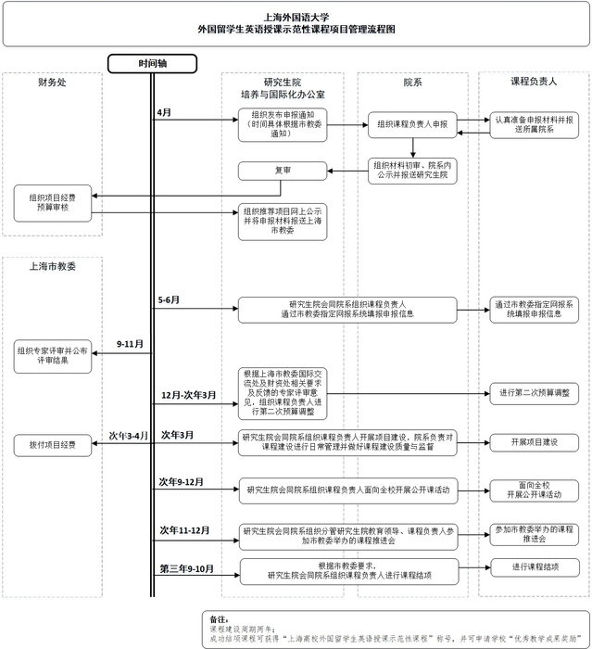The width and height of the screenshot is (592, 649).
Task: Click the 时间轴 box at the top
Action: [x=153, y=63]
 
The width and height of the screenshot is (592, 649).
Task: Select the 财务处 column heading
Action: [x=52, y=83]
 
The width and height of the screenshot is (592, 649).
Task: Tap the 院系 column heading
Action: [x=412, y=83]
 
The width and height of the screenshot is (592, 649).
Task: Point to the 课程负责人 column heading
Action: [x=534, y=83]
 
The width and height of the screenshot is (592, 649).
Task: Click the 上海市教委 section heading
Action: [x=52, y=266]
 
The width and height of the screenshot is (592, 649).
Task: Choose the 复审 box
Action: [x=283, y=171]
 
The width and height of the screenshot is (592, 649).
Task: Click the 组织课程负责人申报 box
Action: [x=412, y=122]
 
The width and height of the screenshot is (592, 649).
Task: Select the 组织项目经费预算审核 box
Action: [x=52, y=202]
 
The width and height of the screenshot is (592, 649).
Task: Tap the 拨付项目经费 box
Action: [x=52, y=444]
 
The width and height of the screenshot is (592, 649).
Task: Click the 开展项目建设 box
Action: [x=534, y=442]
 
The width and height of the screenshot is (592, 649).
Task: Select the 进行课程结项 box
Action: [x=534, y=566]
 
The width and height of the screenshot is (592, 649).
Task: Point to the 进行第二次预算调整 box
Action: [x=534, y=393]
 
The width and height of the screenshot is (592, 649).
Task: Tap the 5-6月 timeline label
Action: [x=169, y=300]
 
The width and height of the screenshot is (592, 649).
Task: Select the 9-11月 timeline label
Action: [x=130, y=344]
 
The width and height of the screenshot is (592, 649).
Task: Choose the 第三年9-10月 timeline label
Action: [x=187, y=567]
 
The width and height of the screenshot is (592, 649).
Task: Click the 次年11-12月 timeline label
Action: [x=183, y=529]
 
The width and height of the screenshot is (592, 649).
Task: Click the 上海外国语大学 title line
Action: [x=296, y=16]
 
